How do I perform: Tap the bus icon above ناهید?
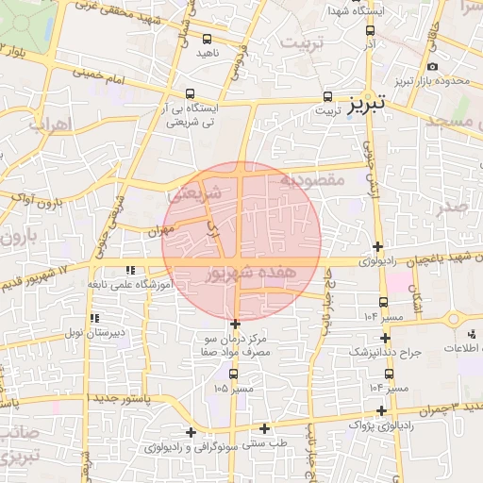(207, 39)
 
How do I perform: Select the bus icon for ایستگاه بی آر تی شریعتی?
(191, 94)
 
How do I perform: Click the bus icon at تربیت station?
(327, 96)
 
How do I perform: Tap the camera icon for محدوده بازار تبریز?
(432, 67)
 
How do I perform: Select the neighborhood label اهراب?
(44, 124)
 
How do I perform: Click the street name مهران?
(162, 228)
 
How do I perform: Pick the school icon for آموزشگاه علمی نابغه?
(142, 270)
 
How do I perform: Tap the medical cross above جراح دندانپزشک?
(384, 338)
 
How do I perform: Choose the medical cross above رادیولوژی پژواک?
(381, 410)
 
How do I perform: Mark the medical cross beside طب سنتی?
(265, 429)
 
